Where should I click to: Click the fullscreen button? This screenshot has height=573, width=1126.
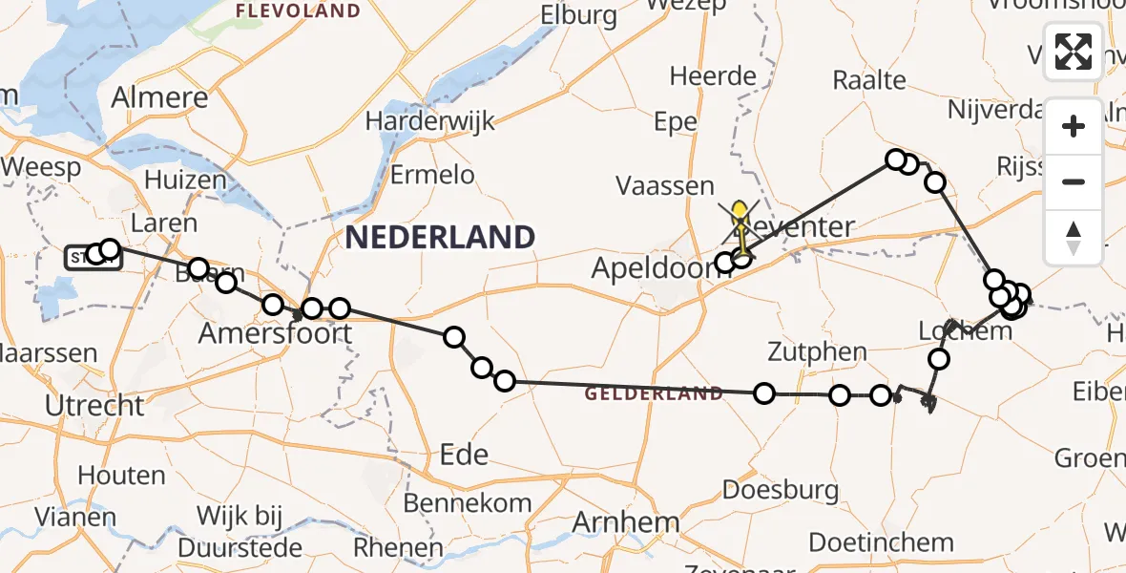tap(1074, 52)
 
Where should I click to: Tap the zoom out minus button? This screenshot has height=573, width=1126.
tap(1074, 181)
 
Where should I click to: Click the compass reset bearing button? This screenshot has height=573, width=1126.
tap(1074, 237)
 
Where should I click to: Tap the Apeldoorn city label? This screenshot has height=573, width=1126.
tap(657, 268)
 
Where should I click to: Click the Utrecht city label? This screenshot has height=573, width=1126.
tap(94, 405)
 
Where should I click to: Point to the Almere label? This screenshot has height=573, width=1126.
tap(159, 97)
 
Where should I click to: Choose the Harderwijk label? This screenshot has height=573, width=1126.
tap(430, 121)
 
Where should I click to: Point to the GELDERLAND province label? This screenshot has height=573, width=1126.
tap(654, 393)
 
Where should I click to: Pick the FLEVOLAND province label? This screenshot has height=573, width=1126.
tap(298, 11)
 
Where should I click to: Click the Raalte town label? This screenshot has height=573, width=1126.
tap(868, 79)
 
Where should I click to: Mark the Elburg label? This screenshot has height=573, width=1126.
tap(578, 14)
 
